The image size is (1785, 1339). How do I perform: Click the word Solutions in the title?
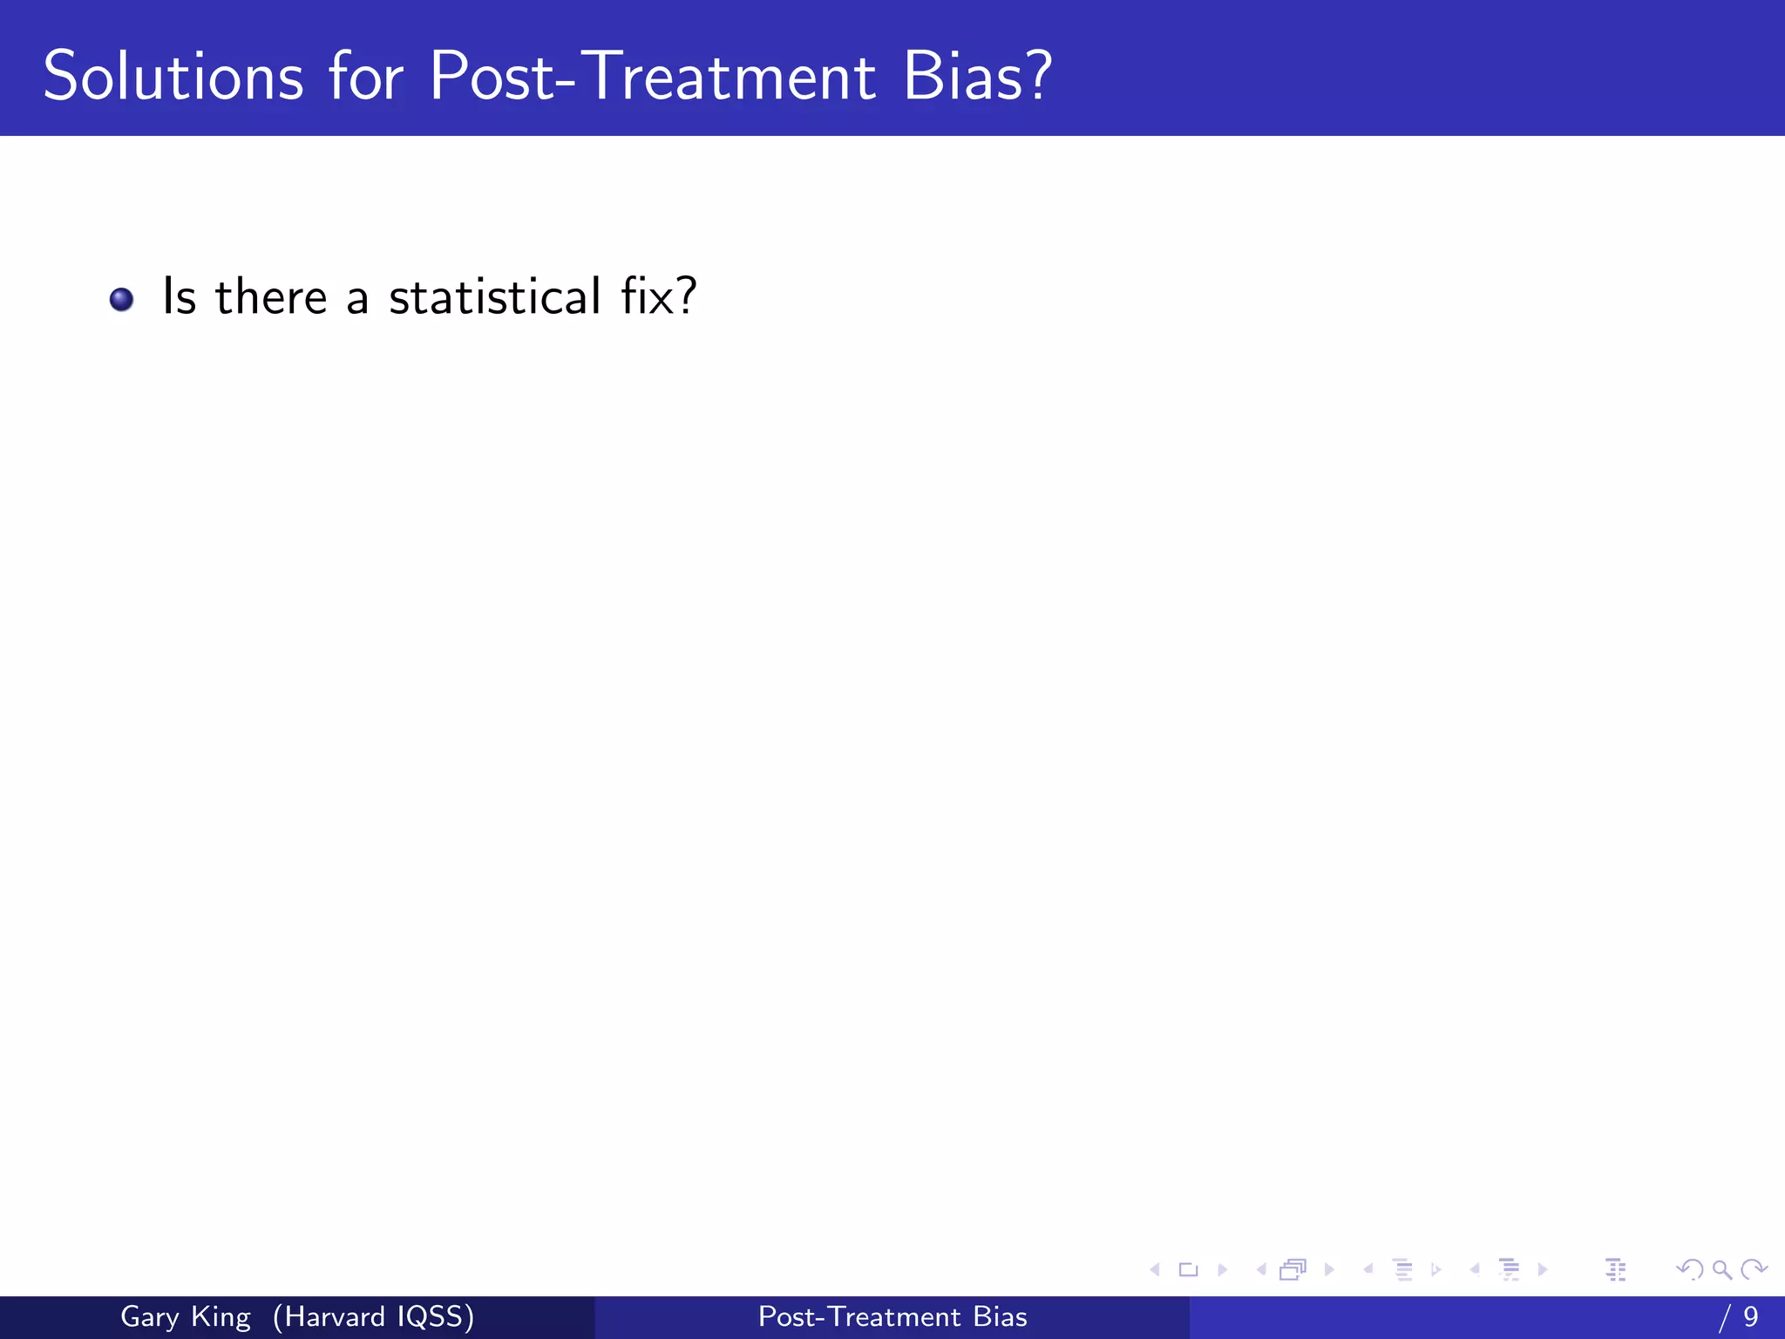pyautogui.click(x=173, y=77)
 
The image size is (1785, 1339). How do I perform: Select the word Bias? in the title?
pyautogui.click(x=977, y=77)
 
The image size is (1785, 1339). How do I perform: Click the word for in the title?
pyautogui.click(x=366, y=77)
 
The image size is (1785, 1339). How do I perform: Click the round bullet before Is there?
pyautogui.click(x=121, y=300)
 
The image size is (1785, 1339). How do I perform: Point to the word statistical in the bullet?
pyautogui.click(x=495, y=296)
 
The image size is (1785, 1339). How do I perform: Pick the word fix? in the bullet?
pyautogui.click(x=658, y=296)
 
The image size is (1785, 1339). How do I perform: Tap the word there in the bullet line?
pyautogui.click(x=271, y=296)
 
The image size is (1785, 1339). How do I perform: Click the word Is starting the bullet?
pyautogui.click(x=179, y=296)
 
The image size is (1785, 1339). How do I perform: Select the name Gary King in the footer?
pyautogui.click(x=185, y=1316)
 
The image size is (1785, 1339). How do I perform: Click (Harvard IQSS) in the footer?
pyautogui.click(x=373, y=1316)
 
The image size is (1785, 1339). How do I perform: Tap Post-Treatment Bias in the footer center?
pyautogui.click(x=892, y=1316)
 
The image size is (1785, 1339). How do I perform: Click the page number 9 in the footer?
pyautogui.click(x=1751, y=1316)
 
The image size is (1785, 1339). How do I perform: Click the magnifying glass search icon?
pyautogui.click(x=1721, y=1269)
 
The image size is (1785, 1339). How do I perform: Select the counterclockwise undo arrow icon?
pyautogui.click(x=1689, y=1269)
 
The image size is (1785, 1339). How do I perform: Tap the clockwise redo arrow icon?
pyautogui.click(x=1754, y=1269)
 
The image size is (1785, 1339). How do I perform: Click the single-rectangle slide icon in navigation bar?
pyautogui.click(x=1188, y=1269)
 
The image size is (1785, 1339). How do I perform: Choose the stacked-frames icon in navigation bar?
pyautogui.click(x=1293, y=1269)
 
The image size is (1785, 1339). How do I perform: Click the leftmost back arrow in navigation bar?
pyautogui.click(x=1155, y=1269)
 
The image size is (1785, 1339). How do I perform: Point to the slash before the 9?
pyautogui.click(x=1724, y=1316)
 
